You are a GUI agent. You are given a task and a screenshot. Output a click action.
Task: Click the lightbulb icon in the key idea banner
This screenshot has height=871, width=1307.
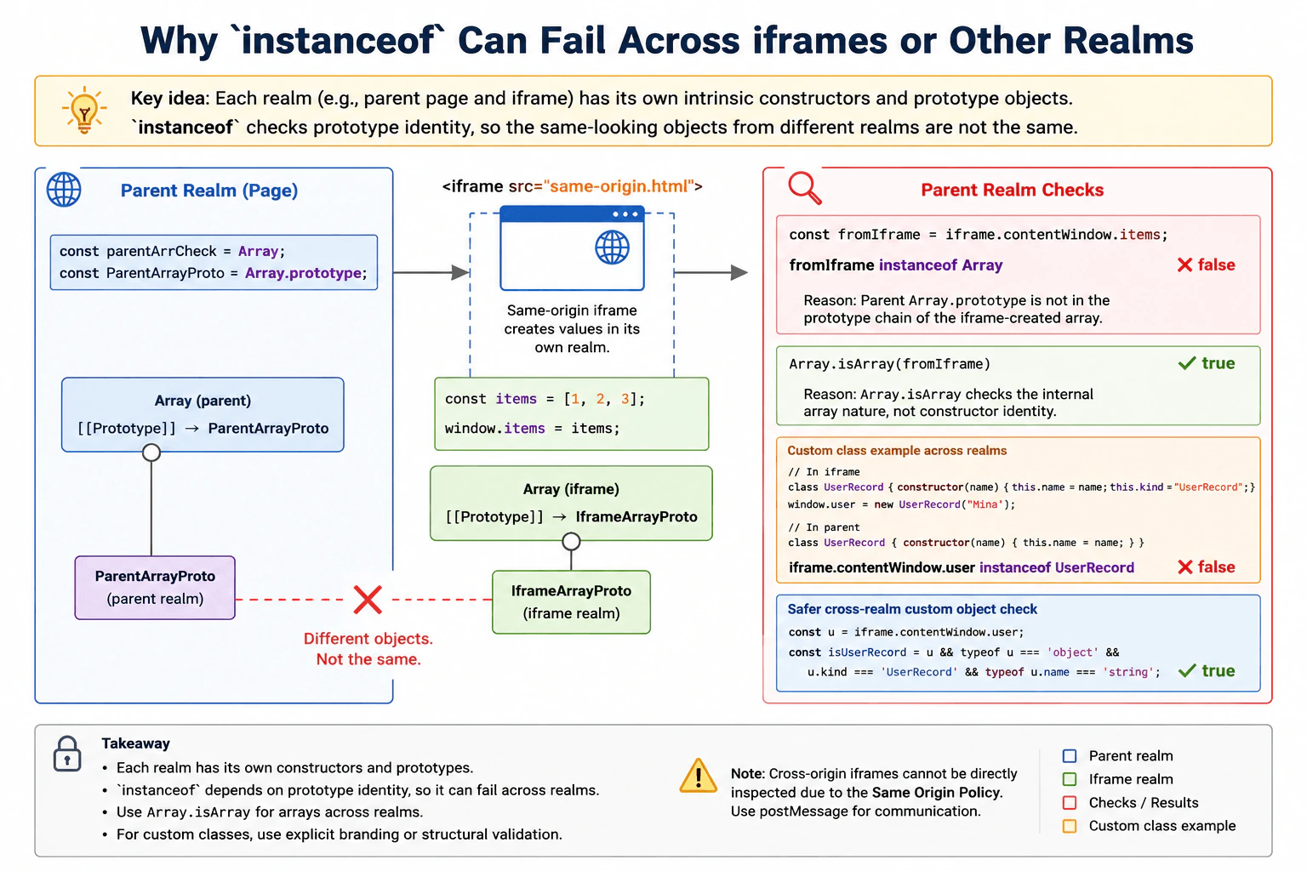click(84, 111)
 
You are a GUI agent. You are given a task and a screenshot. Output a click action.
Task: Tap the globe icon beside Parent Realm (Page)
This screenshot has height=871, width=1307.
click(64, 190)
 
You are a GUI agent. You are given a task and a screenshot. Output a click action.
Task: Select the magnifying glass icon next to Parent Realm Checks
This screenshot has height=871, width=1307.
click(805, 188)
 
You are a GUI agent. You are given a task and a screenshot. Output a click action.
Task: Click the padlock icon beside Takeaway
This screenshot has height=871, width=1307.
click(67, 754)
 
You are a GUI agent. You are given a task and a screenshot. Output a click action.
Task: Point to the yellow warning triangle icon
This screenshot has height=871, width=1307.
click(698, 777)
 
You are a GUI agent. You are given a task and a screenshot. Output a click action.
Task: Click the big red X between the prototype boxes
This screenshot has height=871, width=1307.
click(368, 600)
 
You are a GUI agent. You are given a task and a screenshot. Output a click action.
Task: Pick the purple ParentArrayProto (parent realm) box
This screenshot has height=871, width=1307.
click(155, 588)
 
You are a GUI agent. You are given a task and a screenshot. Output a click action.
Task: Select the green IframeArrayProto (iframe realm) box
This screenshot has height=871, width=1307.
click(571, 602)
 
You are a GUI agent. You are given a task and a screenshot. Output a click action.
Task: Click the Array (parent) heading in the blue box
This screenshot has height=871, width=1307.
click(203, 401)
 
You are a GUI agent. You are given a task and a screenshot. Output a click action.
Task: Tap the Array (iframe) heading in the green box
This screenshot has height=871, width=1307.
click(571, 489)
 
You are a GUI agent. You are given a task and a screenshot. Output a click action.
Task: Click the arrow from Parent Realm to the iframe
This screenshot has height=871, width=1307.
click(431, 272)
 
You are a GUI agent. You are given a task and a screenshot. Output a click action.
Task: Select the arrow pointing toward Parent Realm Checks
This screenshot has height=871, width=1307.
click(711, 272)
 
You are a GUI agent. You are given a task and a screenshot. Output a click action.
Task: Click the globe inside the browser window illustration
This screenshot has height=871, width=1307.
click(612, 248)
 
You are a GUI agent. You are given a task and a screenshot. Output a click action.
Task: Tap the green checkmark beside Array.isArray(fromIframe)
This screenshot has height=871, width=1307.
click(1187, 363)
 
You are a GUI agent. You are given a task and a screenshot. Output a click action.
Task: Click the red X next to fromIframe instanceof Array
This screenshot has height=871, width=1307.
click(1184, 265)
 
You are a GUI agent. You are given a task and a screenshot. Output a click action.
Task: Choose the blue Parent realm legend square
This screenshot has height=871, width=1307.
click(1070, 756)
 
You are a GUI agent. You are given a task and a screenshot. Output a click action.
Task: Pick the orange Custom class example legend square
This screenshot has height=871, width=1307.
click(1070, 826)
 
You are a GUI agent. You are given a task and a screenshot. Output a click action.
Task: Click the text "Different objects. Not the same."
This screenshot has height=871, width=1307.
click(368, 649)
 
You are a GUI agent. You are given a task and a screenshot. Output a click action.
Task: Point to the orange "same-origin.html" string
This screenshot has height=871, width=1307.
click(619, 186)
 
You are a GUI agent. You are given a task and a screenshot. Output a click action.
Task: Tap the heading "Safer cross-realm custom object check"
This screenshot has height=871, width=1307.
click(912, 609)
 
